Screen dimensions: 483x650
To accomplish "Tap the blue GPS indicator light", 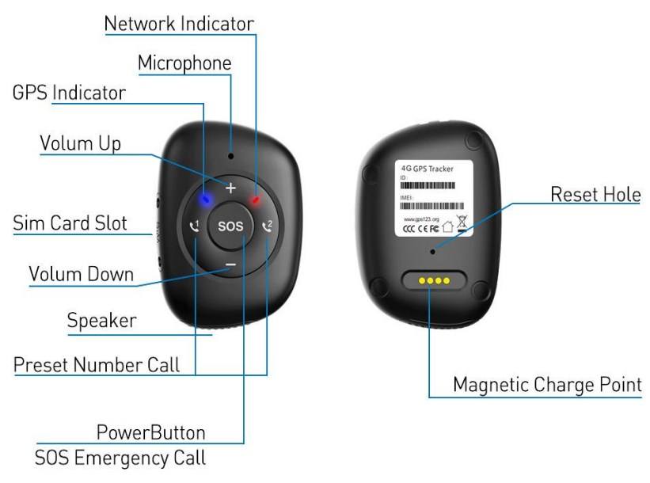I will pos(204,198).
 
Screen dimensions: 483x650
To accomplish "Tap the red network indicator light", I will pos(256,200).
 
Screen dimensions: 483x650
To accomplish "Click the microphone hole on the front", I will pos(230,155).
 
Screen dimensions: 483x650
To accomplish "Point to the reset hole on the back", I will pos(432,252).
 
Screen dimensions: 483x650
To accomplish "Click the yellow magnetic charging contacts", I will pos(432,280).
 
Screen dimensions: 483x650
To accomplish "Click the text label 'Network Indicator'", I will pos(180,23).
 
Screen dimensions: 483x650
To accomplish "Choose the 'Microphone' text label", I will pos(184,63).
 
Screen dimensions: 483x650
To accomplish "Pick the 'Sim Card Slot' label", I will pos(70,222).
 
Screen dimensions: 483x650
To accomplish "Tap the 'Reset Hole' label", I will pos(595,194).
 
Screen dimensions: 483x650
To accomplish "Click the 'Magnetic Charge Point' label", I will pos(547,386).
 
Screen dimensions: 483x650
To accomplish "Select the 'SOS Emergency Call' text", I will pos(120,458).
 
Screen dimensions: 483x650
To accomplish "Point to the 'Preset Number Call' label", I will pos(97,365).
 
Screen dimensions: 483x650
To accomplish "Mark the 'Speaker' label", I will pos(101,321).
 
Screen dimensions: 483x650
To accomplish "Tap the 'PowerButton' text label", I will pos(150,432).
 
